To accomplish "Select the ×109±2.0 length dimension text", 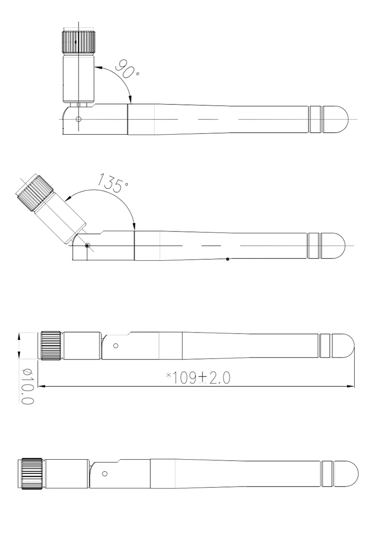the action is pos(198,378).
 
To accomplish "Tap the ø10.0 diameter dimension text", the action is pos(27,386).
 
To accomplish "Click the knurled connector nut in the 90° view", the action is pos(79,42).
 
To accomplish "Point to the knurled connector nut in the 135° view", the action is pos(34,193).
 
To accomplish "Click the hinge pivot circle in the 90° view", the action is pos(78,120).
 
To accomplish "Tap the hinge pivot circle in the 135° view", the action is pos(87,246).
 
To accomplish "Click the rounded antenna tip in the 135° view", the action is pos(333,246).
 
